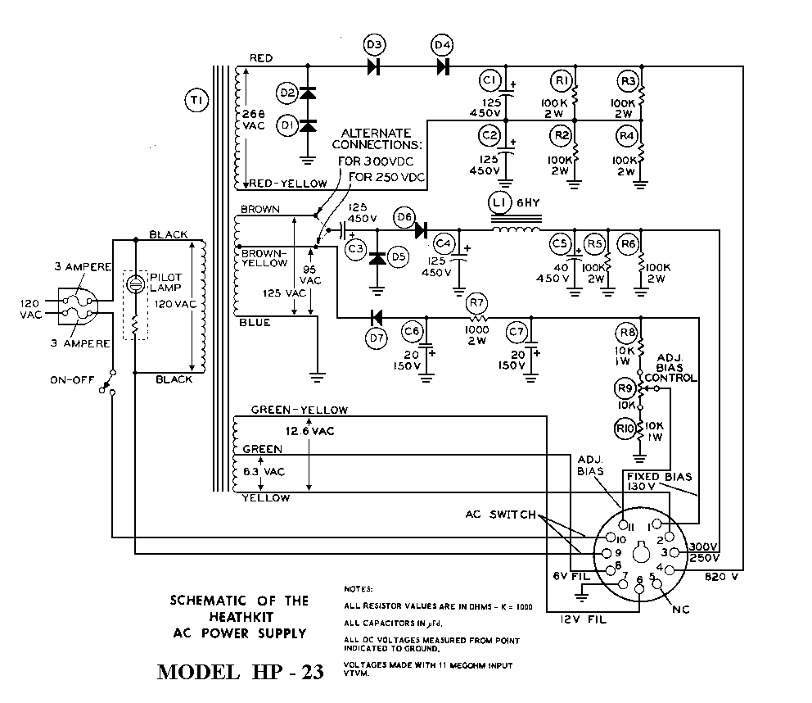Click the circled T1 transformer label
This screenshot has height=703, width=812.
pyautogui.click(x=196, y=100)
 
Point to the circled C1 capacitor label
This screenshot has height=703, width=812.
pyautogui.click(x=490, y=80)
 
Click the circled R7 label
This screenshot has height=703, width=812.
pyautogui.click(x=476, y=305)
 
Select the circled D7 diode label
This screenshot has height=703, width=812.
pyautogui.click(x=376, y=338)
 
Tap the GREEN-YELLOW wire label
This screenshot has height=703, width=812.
pyautogui.click(x=299, y=410)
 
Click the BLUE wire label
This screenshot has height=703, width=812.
pyautogui.click(x=254, y=322)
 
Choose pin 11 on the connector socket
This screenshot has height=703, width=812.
pyautogui.click(x=623, y=524)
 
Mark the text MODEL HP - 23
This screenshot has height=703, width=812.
pyautogui.click(x=240, y=672)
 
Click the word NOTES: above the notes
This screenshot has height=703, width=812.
pyautogui.click(x=358, y=588)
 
